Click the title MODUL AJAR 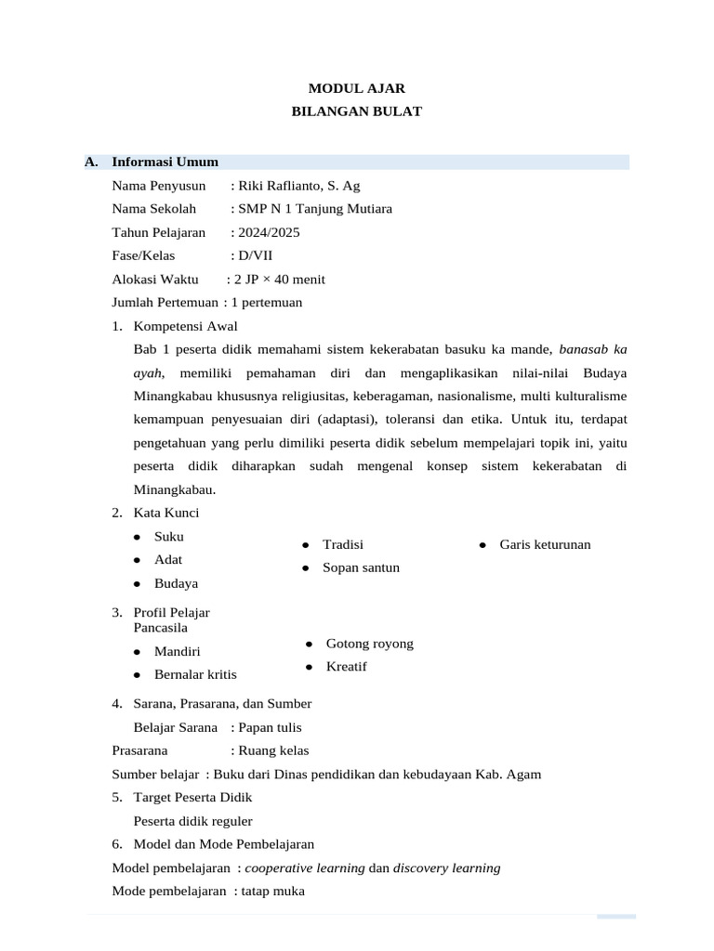357,89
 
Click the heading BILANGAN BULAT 357,111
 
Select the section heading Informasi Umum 165,162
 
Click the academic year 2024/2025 269,232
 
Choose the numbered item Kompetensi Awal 185,326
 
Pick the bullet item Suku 169,537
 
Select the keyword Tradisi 342,544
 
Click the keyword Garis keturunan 545,544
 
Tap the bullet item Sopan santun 361,567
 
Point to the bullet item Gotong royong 369,644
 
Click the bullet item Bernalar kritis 195,674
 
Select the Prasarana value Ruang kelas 273,750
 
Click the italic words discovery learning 446,868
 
